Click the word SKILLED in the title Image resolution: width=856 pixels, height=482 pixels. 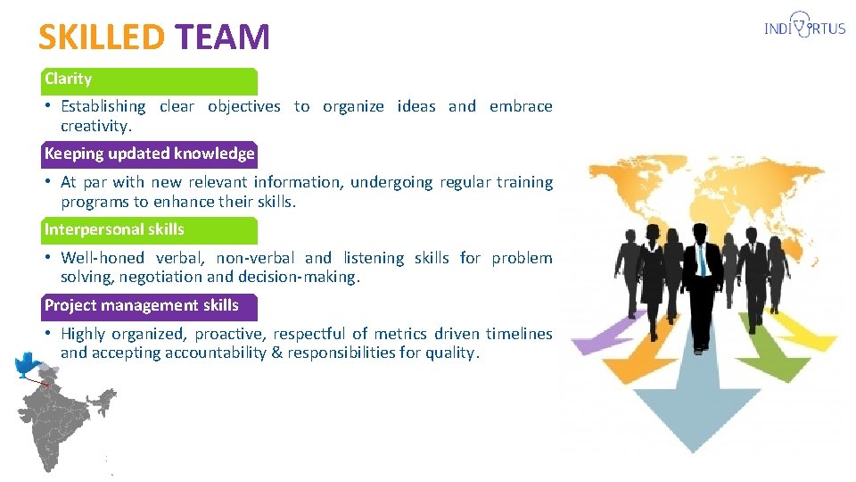click(101, 37)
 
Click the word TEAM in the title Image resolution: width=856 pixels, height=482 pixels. click(222, 37)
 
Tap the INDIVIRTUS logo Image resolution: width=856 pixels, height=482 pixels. click(804, 29)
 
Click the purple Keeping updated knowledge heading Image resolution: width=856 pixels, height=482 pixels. click(149, 154)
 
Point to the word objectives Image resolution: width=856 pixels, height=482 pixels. click(243, 106)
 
